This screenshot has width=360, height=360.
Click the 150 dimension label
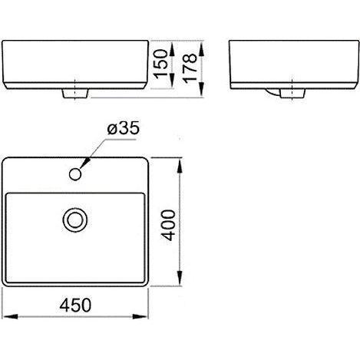pos(160,64)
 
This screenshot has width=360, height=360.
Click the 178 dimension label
pos(190,68)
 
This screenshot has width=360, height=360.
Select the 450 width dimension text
pos(75,305)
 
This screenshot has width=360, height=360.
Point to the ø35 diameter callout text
pos(124,128)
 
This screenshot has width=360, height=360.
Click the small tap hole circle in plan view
pos(75,174)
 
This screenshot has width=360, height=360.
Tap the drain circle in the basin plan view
pos(75,220)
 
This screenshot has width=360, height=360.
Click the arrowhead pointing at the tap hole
pos(85,163)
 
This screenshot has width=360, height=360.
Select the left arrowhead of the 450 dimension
pos(10,316)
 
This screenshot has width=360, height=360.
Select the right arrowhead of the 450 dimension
pos(140,316)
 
